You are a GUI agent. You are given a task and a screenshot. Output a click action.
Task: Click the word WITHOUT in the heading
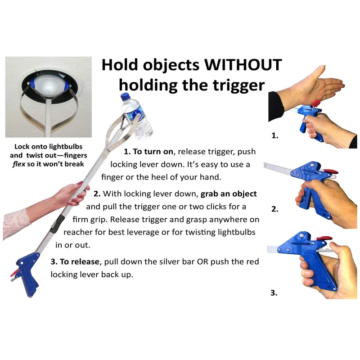pyautogui.click(x=243, y=65)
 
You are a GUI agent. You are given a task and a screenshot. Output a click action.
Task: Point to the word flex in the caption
pyautogui.click(x=19, y=164)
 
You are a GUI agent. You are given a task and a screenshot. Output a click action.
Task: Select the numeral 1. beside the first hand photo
pyautogui.click(x=275, y=135)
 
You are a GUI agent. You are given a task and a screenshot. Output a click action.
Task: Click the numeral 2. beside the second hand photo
pyautogui.click(x=275, y=209)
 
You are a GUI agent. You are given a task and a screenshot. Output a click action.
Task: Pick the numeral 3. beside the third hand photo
pyautogui.click(x=274, y=293)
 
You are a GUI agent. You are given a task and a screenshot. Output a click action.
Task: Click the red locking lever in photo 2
pyautogui.click(x=331, y=171)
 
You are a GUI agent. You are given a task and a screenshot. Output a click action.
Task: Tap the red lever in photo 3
pyautogui.click(x=324, y=238)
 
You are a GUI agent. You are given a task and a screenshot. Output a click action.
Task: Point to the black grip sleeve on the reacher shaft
pyautogui.click(x=57, y=224)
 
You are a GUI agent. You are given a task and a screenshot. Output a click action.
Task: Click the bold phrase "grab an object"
pyautogui.click(x=229, y=194)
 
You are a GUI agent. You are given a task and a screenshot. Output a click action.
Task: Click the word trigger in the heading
pyautogui.click(x=239, y=85)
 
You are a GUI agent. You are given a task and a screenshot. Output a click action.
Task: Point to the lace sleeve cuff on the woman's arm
pyautogui.click(x=16, y=223)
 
